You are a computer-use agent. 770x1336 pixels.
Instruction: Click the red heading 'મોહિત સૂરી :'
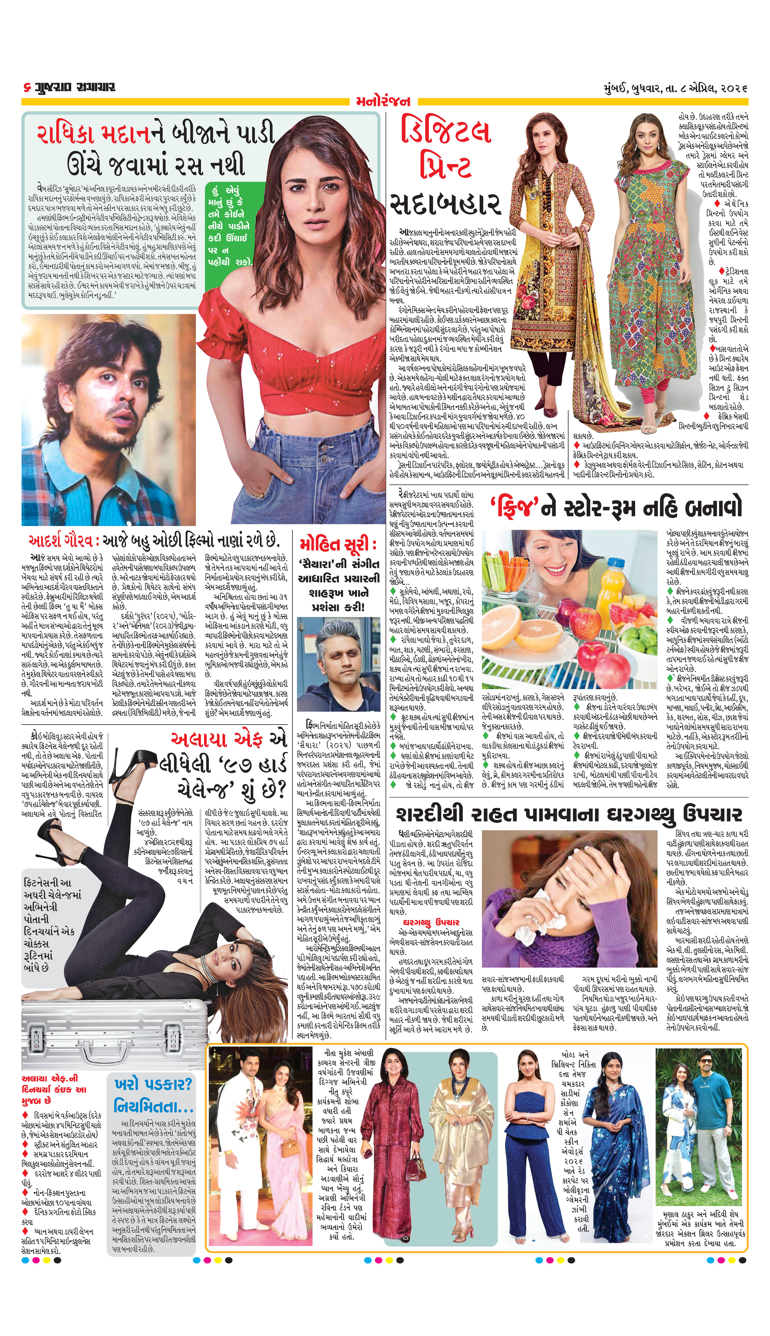click(x=337, y=545)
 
